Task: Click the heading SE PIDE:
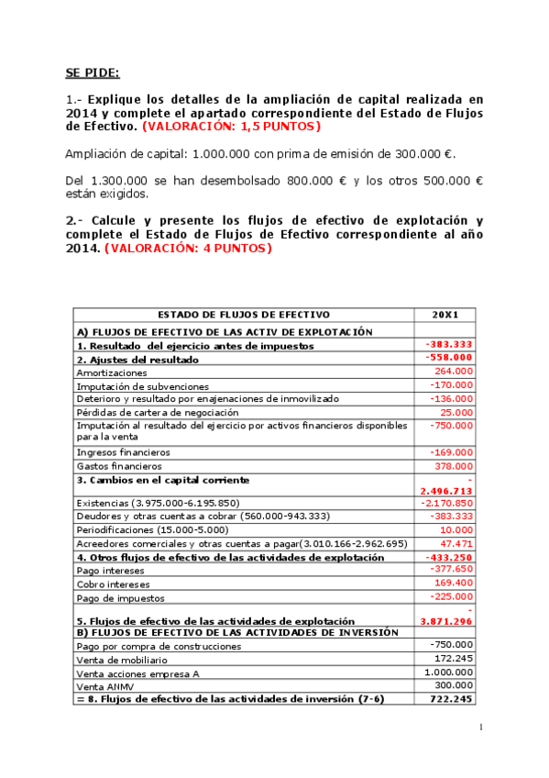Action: (92, 72)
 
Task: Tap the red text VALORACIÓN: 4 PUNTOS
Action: (188, 248)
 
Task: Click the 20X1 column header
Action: (445, 315)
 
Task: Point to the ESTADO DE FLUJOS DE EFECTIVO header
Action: (244, 315)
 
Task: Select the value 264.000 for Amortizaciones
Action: (454, 372)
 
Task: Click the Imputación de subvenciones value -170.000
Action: (452, 385)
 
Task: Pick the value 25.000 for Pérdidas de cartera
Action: (456, 412)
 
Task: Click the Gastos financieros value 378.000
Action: (454, 465)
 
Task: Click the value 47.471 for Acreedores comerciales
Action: (456, 543)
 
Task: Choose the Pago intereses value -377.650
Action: (452, 570)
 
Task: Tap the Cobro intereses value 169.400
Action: (454, 583)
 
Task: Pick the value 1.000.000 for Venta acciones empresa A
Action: (449, 672)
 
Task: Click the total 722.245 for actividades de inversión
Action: (451, 699)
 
